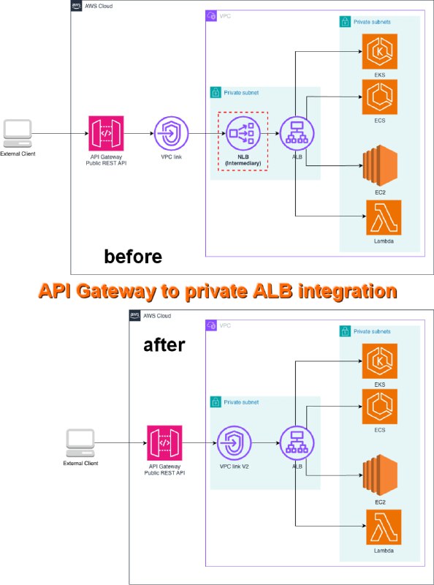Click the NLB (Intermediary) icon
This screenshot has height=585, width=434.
click(x=243, y=133)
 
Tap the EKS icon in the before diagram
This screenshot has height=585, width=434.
click(x=379, y=51)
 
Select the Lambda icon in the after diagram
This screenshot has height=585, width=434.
click(x=384, y=527)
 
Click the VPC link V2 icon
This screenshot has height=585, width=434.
click(x=234, y=443)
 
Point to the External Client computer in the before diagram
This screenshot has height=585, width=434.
click(x=18, y=134)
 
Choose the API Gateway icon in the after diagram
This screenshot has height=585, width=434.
click(x=164, y=443)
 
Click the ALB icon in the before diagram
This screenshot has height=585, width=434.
click(x=297, y=133)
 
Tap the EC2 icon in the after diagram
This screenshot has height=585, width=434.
click(x=381, y=475)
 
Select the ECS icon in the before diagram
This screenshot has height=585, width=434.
click(x=379, y=97)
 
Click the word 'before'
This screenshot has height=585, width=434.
click(x=133, y=257)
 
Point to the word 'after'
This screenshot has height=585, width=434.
click(x=164, y=344)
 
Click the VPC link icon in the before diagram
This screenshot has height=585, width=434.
click(x=172, y=133)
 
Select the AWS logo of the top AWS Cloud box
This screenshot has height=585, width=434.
click(x=77, y=6)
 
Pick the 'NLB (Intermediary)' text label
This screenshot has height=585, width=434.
click(x=243, y=160)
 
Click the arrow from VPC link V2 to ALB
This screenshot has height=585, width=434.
click(x=265, y=443)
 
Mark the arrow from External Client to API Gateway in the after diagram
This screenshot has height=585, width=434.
click(x=121, y=443)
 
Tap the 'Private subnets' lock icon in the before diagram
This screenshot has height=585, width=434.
click(x=345, y=22)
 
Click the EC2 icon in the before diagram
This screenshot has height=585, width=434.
click(x=381, y=165)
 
